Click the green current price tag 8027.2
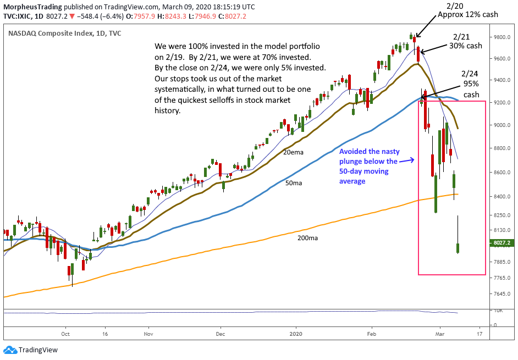501,242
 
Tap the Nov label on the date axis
147,333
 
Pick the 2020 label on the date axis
296,333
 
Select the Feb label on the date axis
372,333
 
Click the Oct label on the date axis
65,333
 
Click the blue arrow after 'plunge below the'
406,160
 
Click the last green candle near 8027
458,248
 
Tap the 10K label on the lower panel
498,311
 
